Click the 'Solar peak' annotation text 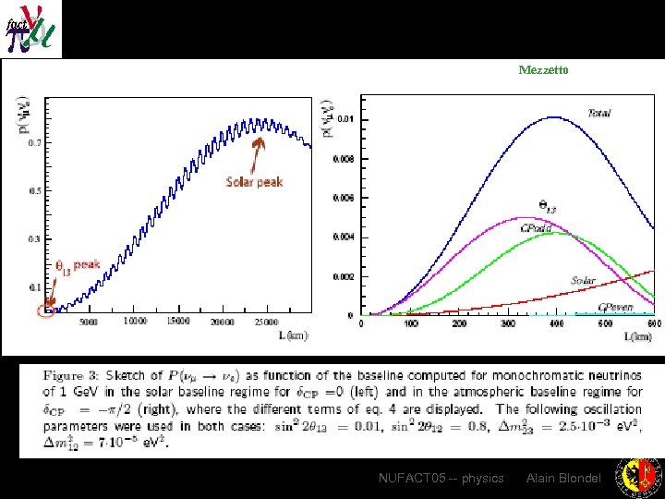254,181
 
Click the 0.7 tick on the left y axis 33,143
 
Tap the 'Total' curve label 599,113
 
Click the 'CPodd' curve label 536,227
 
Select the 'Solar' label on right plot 583,280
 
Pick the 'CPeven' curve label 615,306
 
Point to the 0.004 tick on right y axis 342,237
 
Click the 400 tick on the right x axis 556,323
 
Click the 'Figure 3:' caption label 73,375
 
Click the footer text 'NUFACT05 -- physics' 441,478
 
